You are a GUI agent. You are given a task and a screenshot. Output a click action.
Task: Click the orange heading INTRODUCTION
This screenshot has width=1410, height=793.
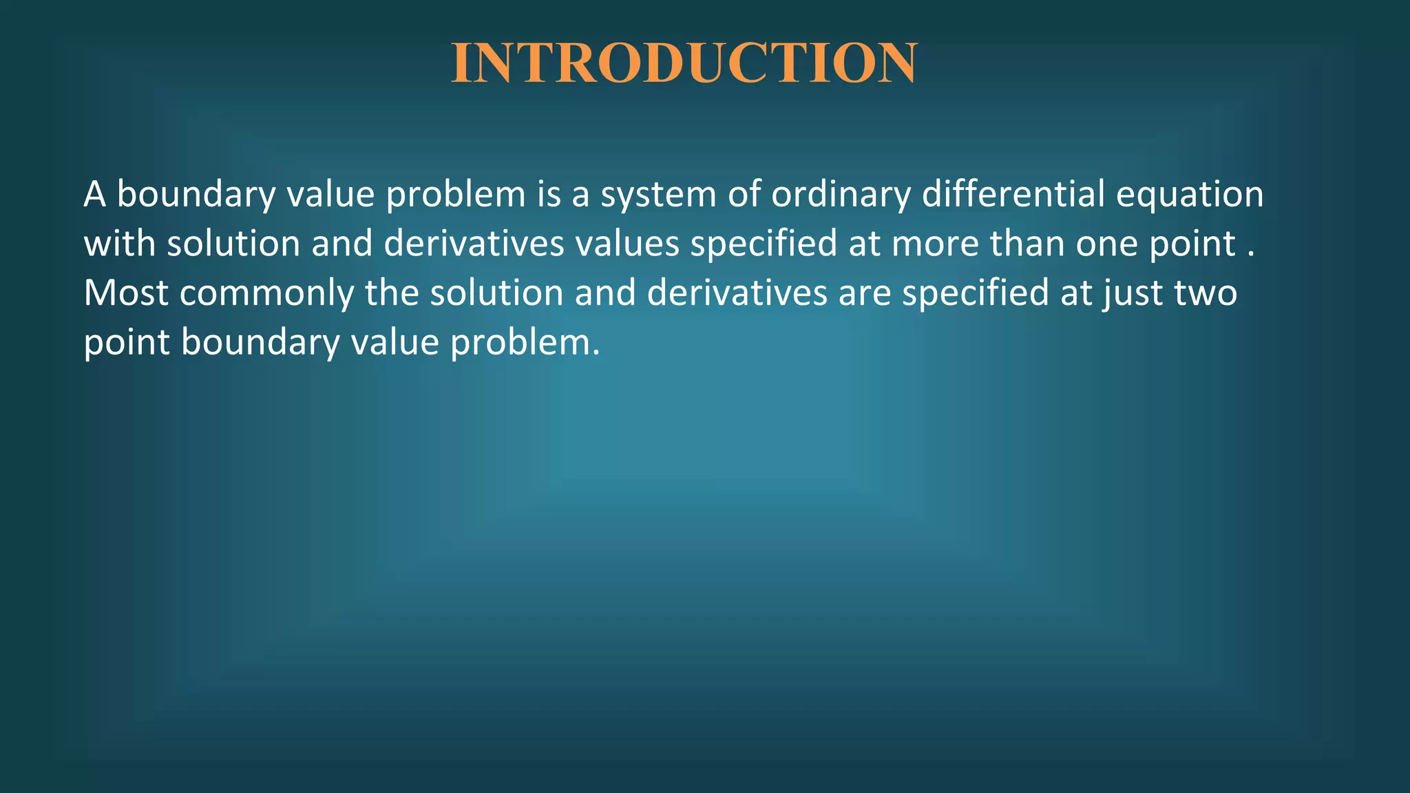[x=684, y=63]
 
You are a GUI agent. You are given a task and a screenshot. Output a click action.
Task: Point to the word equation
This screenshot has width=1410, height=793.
[x=1189, y=195]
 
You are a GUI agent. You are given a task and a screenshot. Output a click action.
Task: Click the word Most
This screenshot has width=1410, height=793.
[x=126, y=293]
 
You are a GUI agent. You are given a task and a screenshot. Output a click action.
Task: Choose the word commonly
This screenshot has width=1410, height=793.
[x=266, y=294]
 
